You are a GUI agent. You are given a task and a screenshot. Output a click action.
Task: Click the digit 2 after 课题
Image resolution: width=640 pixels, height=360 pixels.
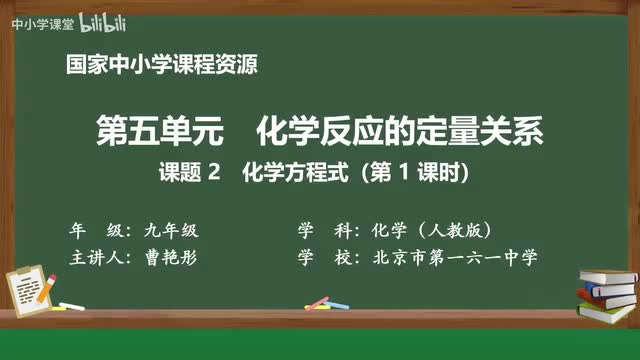click(x=211, y=173)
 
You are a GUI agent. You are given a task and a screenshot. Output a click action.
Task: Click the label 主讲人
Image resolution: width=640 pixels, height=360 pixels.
click(x=98, y=257)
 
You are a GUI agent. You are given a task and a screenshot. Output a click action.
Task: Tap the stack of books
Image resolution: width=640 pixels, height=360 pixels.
click(x=608, y=295)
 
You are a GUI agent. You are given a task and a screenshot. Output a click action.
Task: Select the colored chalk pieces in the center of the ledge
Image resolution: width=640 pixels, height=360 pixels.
click(x=318, y=302)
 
